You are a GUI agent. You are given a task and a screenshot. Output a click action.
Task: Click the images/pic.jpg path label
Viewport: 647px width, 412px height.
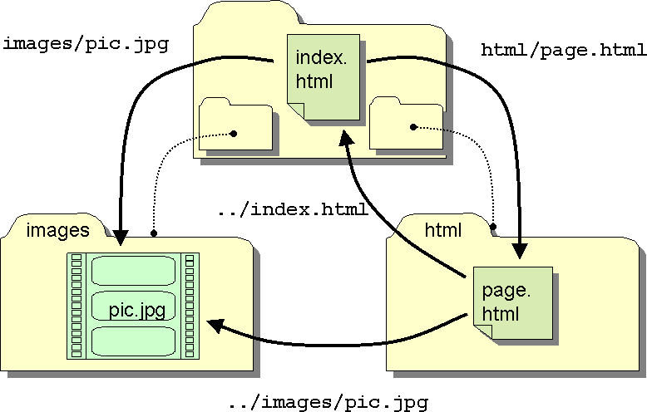(x=86, y=44)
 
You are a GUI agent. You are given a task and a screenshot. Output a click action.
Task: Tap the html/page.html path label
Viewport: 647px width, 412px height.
(x=564, y=51)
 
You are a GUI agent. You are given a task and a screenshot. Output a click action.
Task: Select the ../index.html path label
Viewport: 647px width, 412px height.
(x=292, y=209)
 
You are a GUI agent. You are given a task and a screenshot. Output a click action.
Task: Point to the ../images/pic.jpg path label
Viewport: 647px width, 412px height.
(x=328, y=404)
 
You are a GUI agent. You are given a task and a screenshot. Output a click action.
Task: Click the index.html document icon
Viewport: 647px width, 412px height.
(x=323, y=75)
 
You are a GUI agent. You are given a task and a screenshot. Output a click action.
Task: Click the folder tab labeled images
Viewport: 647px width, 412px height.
(x=57, y=230)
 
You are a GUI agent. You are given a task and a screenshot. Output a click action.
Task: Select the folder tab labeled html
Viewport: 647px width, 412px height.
(x=442, y=228)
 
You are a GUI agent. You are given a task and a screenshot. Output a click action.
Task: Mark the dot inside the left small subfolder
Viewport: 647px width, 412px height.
(x=235, y=133)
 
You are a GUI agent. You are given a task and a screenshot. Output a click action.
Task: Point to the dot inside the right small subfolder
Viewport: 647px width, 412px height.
(x=412, y=127)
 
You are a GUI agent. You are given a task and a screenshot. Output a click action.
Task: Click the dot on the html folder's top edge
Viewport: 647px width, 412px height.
(x=493, y=226)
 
